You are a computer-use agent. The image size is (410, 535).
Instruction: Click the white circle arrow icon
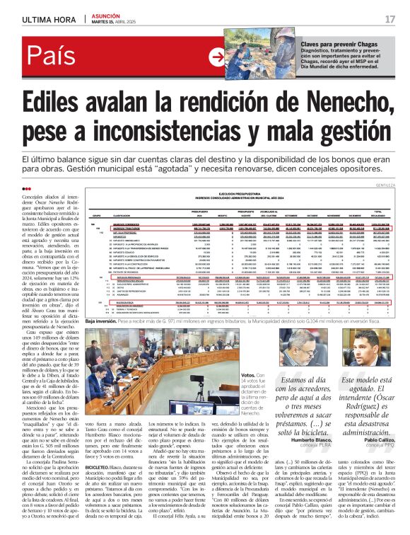(219, 57)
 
